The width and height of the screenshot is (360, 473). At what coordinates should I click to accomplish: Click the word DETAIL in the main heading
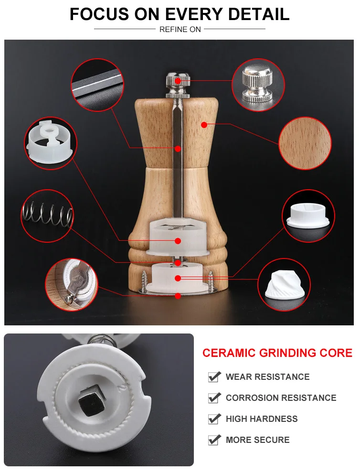[259, 14]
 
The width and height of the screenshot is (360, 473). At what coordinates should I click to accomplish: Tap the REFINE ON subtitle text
[180, 30]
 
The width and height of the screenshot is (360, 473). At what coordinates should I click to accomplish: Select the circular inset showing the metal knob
[258, 85]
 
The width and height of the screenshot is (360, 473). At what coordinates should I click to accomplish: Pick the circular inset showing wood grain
[305, 143]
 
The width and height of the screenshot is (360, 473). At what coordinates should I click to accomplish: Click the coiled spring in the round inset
[48, 215]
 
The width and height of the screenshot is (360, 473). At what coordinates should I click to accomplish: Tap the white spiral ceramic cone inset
[284, 284]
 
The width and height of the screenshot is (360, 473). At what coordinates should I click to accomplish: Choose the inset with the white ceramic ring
[308, 215]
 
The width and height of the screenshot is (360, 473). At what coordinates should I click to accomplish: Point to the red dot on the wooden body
[204, 124]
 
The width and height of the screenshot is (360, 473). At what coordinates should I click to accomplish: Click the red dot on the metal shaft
[178, 149]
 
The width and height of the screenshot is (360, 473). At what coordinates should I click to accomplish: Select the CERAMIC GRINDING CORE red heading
[277, 353]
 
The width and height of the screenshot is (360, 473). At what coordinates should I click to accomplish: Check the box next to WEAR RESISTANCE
[214, 377]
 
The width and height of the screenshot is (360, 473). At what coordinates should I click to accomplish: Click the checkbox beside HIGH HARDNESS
[214, 419]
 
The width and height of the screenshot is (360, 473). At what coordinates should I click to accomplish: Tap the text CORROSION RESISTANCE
[281, 398]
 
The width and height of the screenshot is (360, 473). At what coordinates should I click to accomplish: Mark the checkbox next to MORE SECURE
[214, 440]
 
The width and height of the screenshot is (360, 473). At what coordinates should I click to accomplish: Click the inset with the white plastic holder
[51, 143]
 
